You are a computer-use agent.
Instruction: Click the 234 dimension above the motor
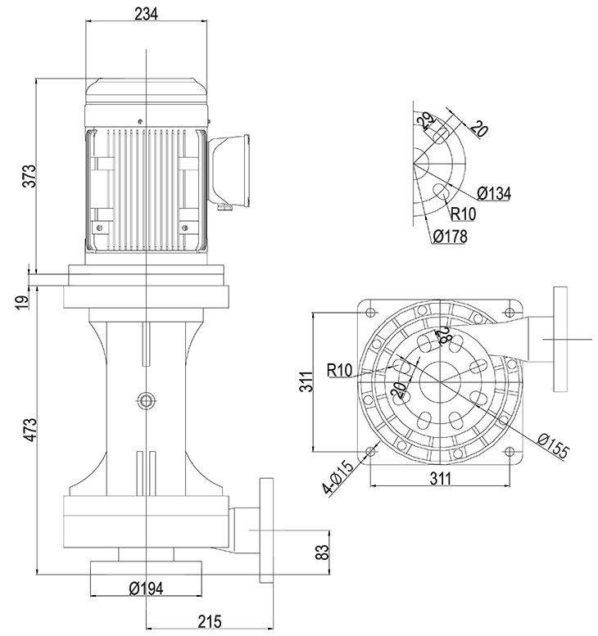coord(145,13)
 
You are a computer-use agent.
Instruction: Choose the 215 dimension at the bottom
coord(210,622)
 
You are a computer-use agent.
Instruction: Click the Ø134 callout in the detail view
coord(494,193)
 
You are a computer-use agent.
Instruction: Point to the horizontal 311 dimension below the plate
coord(442,479)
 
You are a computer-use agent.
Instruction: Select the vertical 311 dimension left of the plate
coord(306,381)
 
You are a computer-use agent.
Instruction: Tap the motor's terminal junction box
coord(231,169)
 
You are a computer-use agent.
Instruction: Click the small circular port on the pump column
coord(146,399)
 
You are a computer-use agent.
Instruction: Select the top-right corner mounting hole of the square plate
coord(514,312)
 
